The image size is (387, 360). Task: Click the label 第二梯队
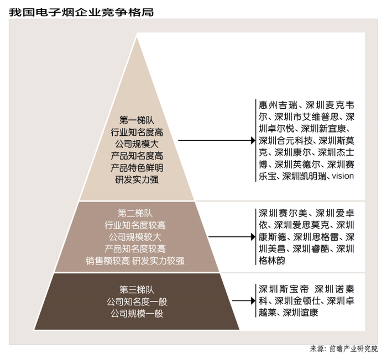click(x=135, y=213)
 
